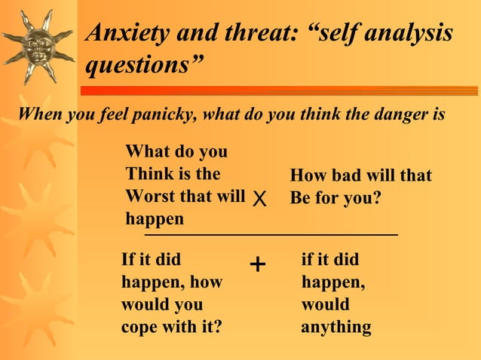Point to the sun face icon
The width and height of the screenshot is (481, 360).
38,45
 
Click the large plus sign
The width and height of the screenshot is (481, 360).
257,264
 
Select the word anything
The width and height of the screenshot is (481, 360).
335,328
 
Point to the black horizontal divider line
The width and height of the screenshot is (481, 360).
271,236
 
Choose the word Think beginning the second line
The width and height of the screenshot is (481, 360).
149,175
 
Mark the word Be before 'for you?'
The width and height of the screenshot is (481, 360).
301,200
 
